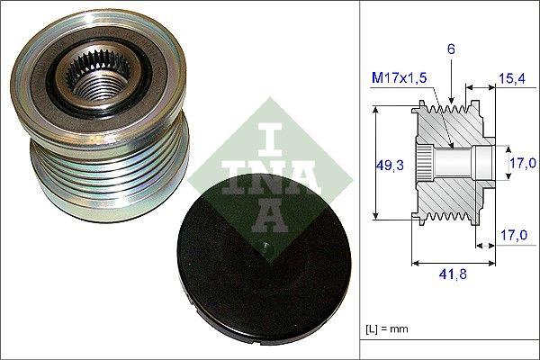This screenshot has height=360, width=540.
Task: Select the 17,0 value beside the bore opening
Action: tap(522, 163)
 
